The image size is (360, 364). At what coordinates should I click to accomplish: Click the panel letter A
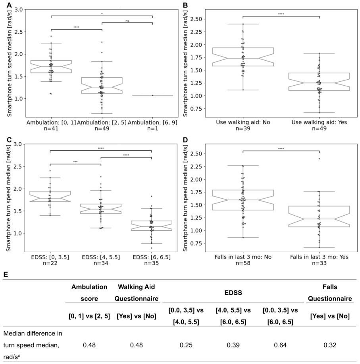pyautogui.click(x=9, y=5)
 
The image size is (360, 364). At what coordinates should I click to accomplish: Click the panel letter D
pyautogui.click(x=185, y=140)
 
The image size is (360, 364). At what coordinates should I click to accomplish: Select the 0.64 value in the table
pyautogui.click(x=280, y=345)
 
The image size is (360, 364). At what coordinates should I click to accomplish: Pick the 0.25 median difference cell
pyautogui.click(x=186, y=345)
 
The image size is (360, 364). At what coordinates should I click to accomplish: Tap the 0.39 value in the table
pyautogui.click(x=233, y=345)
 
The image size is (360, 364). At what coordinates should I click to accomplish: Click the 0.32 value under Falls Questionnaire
pyautogui.click(x=330, y=345)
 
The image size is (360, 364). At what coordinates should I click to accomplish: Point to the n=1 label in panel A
pyautogui.click(x=152, y=128)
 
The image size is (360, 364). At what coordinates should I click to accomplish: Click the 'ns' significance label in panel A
pyautogui.click(x=127, y=21)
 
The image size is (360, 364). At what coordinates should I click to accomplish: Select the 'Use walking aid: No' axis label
pyautogui.click(x=243, y=122)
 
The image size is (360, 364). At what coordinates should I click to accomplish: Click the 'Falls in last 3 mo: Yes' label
pyautogui.click(x=319, y=257)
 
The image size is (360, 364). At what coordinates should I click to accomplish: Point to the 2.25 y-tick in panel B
pyautogui.click(x=196, y=32)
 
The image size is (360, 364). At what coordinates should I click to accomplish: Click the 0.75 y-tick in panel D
pyautogui.click(x=196, y=243)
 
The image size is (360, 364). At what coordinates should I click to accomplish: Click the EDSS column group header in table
pyautogui.click(x=233, y=293)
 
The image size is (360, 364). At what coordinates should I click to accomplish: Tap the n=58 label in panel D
pyautogui.click(x=243, y=263)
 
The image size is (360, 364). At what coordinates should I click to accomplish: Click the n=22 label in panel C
pyautogui.click(x=50, y=263)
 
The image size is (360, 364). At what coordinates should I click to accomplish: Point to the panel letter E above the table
pyautogui.click(x=6, y=274)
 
